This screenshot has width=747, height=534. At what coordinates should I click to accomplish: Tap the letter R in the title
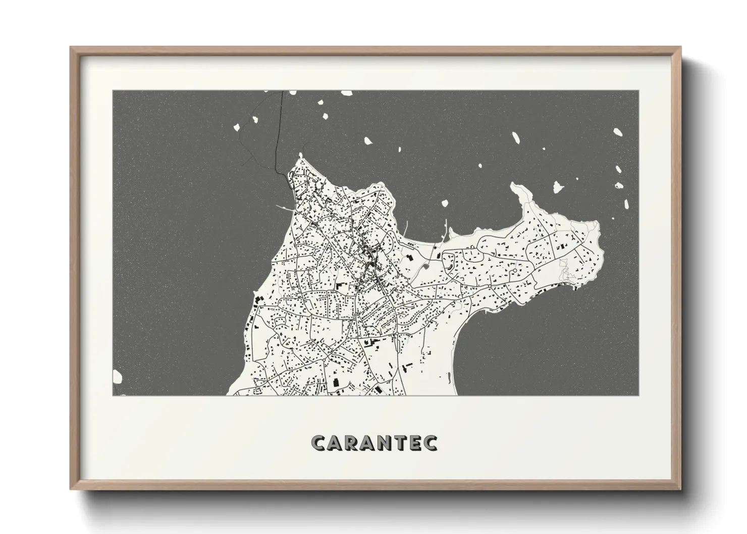[x=355, y=443]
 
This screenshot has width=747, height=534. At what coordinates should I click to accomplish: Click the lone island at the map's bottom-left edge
[x=118, y=377]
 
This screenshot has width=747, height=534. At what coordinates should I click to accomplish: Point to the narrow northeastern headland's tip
[x=515, y=186]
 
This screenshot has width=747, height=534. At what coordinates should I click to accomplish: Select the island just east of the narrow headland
[x=558, y=187]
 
